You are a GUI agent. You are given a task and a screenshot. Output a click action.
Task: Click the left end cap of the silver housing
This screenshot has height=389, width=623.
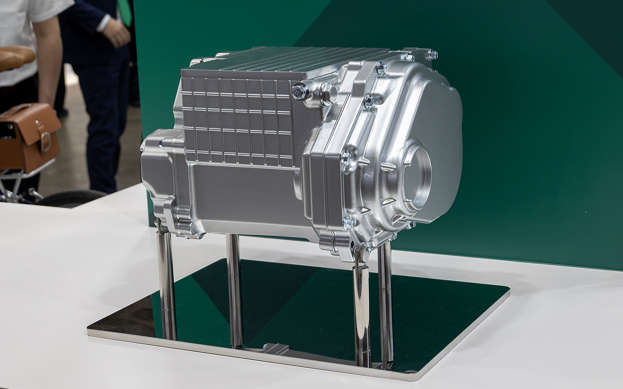click(156, 175)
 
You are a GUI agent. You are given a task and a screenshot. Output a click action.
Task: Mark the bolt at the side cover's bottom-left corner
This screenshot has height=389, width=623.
click(348, 223)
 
